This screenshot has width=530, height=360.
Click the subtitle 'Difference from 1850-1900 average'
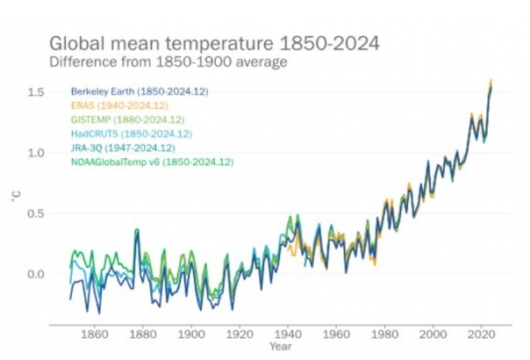click(168, 61)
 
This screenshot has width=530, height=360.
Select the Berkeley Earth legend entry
click(139, 91)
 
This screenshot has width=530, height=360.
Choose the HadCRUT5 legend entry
click(132, 133)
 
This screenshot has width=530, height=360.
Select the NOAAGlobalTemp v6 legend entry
click(152, 162)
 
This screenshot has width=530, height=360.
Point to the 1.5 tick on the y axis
click(36, 92)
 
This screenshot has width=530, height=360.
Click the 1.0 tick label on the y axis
click(36, 153)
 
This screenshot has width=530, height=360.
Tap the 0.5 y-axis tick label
click(36, 213)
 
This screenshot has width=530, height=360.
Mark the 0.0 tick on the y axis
click(36, 274)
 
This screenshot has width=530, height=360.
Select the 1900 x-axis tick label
click(186, 335)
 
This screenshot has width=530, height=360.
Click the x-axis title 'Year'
click(280, 348)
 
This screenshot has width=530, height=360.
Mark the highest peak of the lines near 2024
click(491, 81)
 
